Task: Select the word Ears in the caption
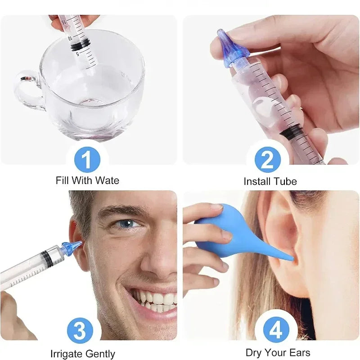click(300, 352)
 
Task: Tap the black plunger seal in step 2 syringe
click(293, 131)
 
